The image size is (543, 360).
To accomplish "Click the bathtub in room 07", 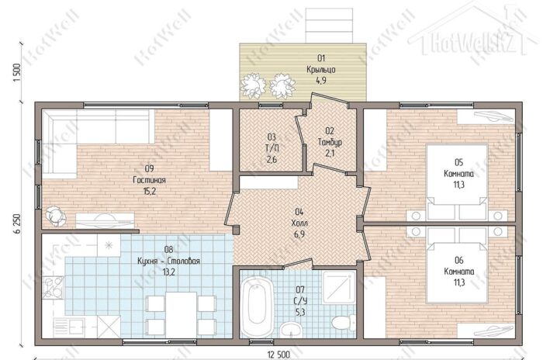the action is tap(255, 305).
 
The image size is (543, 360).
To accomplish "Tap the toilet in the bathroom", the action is tap(343, 322).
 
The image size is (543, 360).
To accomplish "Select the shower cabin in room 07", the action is tap(339, 288).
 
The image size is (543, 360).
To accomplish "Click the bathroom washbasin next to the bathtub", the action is tap(291, 329).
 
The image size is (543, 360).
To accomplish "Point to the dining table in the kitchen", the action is tap(181, 314).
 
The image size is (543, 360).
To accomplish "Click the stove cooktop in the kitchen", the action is tap(53, 287).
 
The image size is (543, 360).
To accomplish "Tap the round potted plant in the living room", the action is tap(55, 216).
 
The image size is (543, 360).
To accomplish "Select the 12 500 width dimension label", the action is tap(278, 355).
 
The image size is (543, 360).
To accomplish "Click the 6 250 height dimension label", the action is tap(17, 225).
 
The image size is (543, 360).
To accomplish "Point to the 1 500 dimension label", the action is tap(17, 72).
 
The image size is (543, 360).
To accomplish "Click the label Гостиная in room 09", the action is tap(149, 180).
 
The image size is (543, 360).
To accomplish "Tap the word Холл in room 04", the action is tap(299, 223).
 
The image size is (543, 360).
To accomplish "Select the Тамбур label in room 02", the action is tap(330, 142).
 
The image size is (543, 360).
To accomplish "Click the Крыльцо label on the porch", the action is tap(321, 69).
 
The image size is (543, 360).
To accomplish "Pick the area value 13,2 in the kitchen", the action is tap(168, 272).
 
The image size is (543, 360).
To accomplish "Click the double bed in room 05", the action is tap(457, 182).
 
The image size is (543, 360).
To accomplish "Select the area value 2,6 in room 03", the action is tap(271, 160).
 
